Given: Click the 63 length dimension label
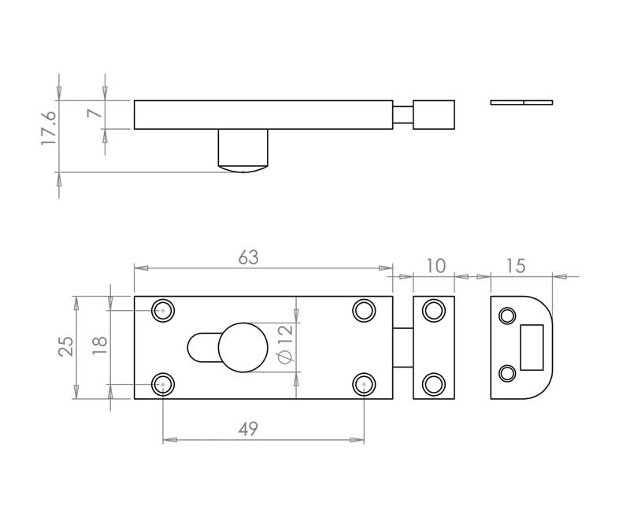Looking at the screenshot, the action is pyautogui.click(x=248, y=258).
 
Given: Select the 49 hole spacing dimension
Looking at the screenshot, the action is pyautogui.click(x=248, y=429).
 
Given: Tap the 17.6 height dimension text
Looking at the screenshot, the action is pyautogui.click(x=49, y=127).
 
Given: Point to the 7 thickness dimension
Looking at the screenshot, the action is pyautogui.click(x=94, y=113).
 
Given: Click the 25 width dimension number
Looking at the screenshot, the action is pyautogui.click(x=66, y=346).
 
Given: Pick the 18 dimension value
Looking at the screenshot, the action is pyautogui.click(x=100, y=345).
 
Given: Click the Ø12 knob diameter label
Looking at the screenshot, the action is pyautogui.click(x=286, y=344).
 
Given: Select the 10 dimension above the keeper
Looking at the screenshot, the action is pyautogui.click(x=435, y=266).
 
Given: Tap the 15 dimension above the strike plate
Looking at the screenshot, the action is pyautogui.click(x=516, y=266).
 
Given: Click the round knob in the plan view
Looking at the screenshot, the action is pyautogui.click(x=243, y=347).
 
